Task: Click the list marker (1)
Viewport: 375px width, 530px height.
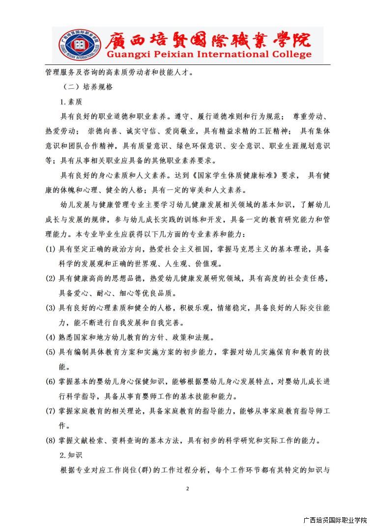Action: (51, 249)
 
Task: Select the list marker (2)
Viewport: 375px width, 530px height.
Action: (51, 278)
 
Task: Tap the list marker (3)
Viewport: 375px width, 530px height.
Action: (51, 308)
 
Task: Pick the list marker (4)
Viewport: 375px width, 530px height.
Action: (51, 337)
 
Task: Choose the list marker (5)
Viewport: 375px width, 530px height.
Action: (51, 352)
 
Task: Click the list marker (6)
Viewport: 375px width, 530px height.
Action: (51, 381)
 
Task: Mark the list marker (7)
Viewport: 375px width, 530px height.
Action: (51, 411)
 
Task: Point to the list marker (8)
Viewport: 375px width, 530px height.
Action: (51, 440)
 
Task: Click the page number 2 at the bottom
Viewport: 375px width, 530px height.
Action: (187, 489)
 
